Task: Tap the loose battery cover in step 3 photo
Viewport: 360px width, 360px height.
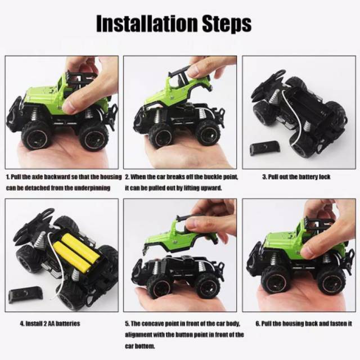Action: (265, 148)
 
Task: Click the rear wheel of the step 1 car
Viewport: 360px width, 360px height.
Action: (93, 137)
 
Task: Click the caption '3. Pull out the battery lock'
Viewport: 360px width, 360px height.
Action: (296, 177)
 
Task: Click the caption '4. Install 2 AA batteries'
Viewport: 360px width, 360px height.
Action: (50, 324)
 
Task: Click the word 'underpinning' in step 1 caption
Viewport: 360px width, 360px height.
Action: (92, 188)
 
